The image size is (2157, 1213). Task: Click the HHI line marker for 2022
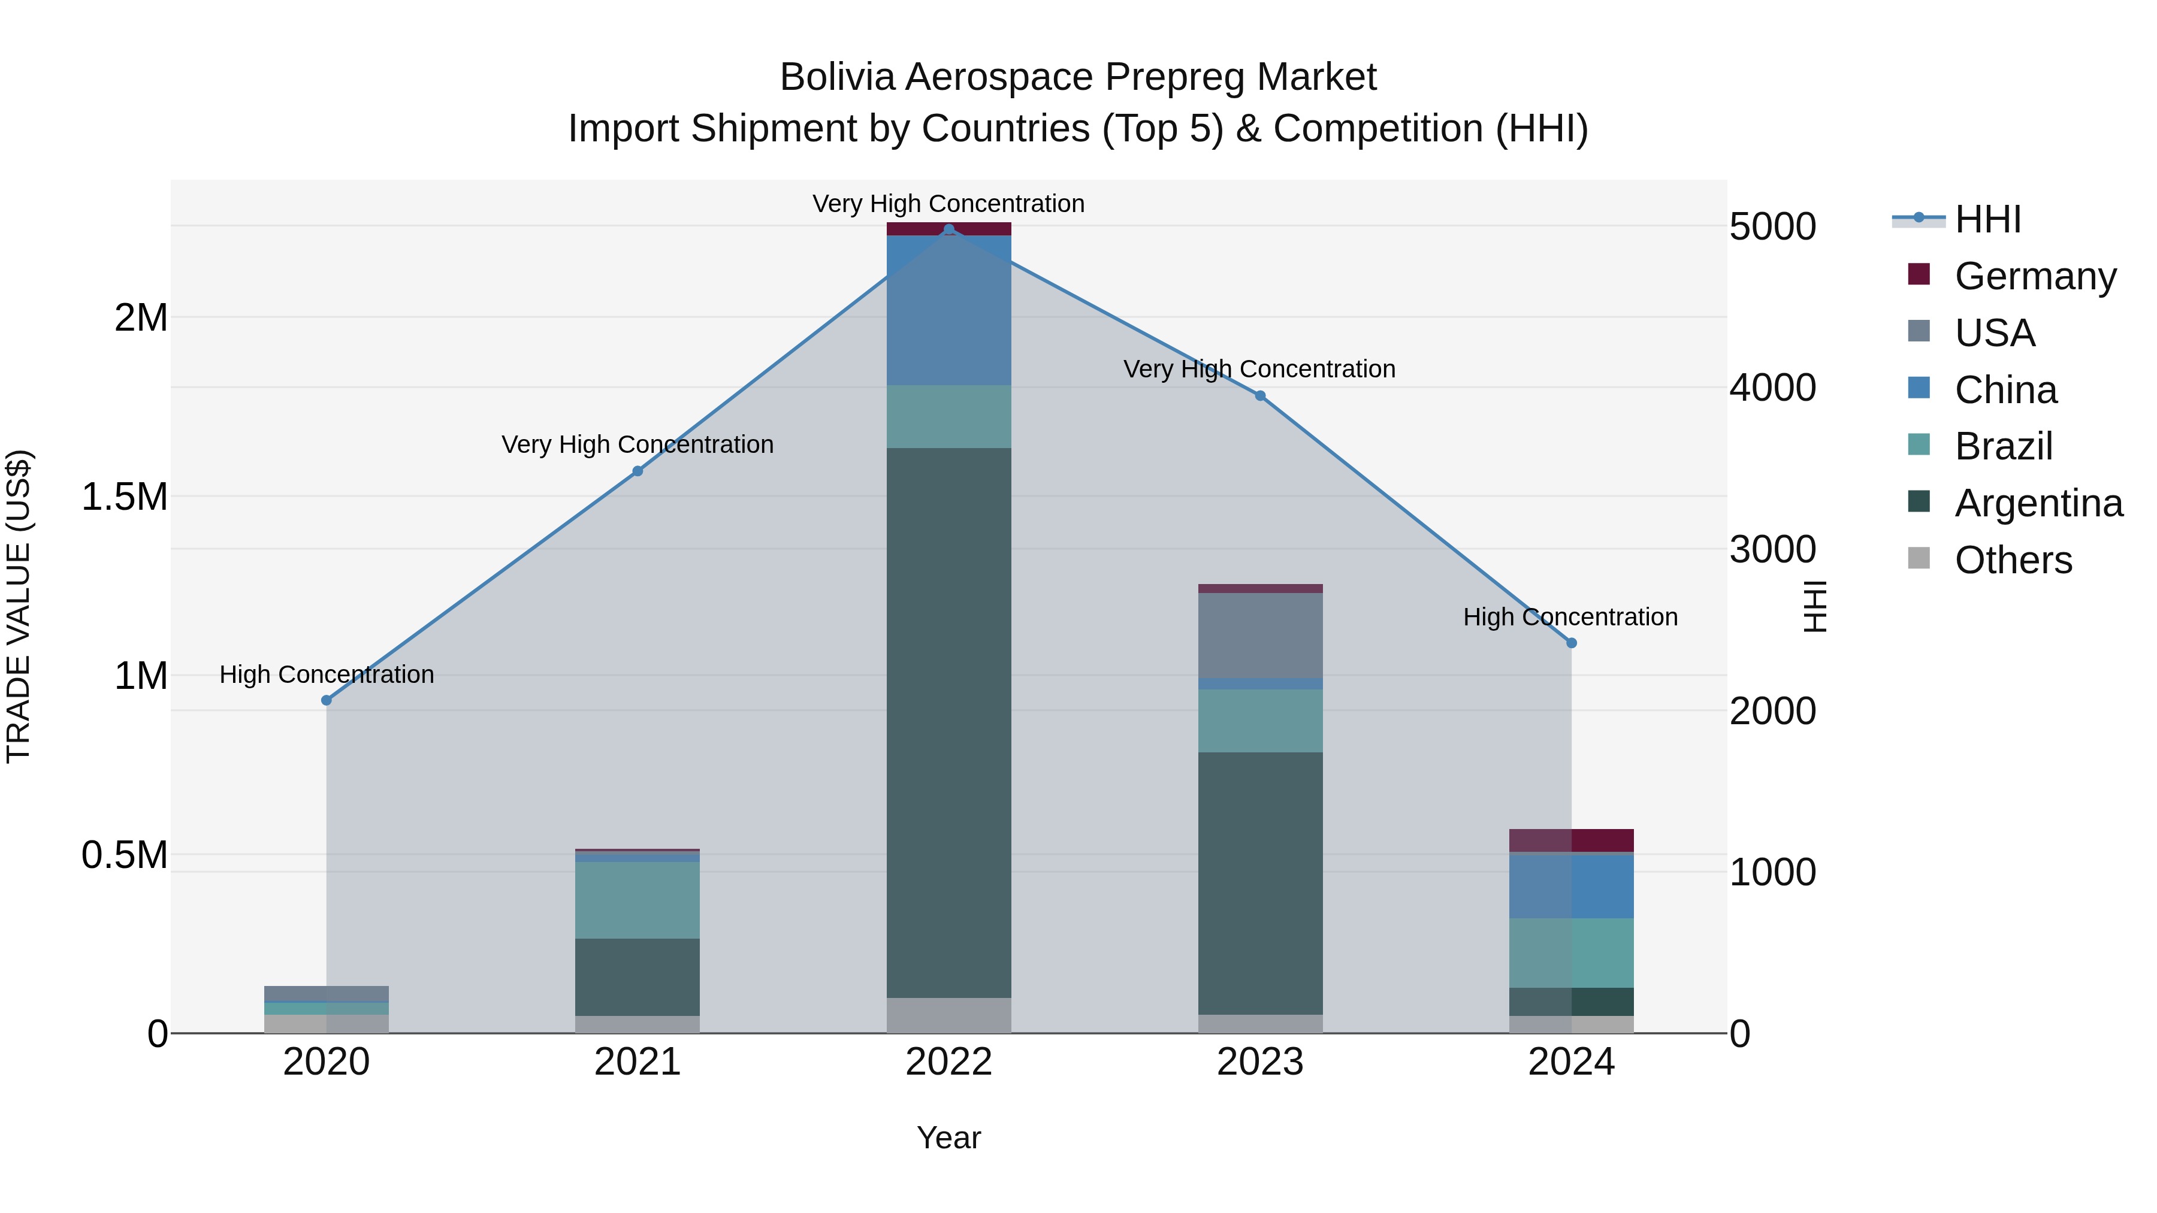(948, 229)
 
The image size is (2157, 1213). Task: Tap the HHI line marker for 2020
(327, 701)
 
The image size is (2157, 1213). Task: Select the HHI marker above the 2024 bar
(1571, 643)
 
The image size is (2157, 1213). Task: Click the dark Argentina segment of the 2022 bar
(948, 722)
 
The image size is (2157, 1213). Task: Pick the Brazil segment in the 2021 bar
(638, 900)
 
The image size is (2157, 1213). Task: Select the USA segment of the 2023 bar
(1260, 636)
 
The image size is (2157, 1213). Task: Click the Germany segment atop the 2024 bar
(1571, 840)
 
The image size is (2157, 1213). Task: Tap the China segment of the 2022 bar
(948, 310)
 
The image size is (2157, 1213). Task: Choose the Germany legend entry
(2035, 276)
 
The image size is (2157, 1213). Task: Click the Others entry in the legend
(2013, 560)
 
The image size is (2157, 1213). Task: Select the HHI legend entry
(1987, 219)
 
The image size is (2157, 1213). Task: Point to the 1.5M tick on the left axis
(125, 497)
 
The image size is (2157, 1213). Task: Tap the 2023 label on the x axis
(1260, 1062)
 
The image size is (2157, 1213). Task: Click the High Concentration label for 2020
(327, 674)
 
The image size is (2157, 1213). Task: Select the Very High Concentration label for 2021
(638, 444)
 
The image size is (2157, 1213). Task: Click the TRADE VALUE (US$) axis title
(19, 606)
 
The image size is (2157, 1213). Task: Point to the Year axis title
(948, 1138)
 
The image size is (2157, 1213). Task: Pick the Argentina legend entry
(2038, 503)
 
